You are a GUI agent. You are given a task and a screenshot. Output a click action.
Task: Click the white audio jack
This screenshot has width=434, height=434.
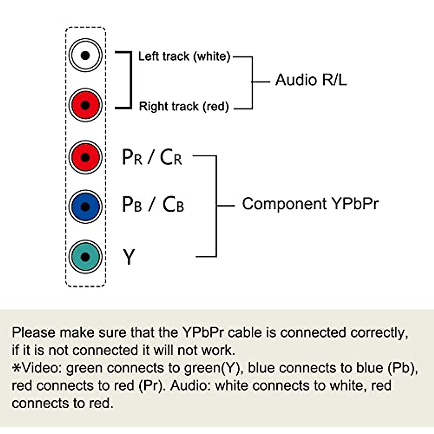point(85,55)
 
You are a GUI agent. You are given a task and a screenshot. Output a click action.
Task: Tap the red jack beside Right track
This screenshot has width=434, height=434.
point(85,105)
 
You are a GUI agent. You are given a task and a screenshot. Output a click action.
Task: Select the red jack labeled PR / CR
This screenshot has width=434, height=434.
point(85,157)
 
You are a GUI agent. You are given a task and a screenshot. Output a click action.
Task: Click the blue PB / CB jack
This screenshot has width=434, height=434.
point(85,207)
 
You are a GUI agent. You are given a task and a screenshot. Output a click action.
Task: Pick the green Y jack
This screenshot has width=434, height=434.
point(85,257)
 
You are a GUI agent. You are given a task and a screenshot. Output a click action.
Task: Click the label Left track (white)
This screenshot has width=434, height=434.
point(184,56)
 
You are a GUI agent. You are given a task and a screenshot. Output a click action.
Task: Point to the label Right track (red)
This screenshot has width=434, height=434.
point(184,106)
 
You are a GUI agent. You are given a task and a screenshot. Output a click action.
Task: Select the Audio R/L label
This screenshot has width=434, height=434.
point(311,80)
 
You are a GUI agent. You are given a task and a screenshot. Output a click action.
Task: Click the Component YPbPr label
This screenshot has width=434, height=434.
point(310,204)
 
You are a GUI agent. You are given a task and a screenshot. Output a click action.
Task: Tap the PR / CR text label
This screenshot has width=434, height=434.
point(152,157)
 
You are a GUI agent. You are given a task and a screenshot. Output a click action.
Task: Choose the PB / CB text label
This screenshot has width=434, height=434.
point(153,204)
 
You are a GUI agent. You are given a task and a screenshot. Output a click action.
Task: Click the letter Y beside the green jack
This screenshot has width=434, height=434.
point(129,257)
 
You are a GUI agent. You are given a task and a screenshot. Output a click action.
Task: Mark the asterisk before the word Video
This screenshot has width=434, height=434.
point(16,368)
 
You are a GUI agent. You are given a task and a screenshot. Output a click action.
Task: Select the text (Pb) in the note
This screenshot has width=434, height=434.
point(403,368)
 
